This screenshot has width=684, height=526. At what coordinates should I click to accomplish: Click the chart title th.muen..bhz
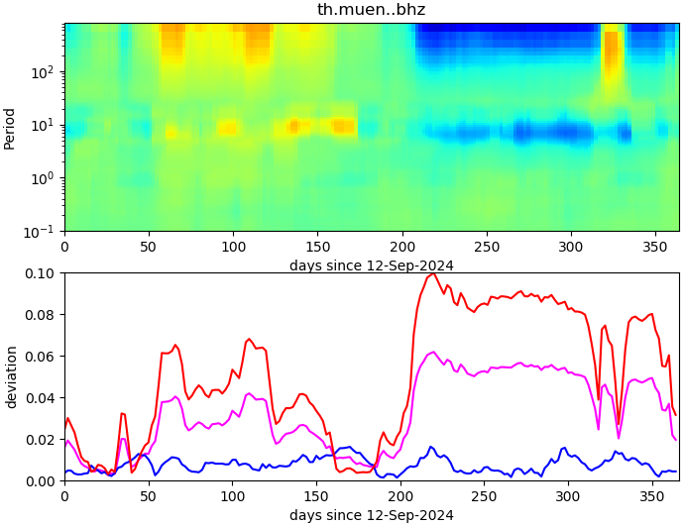(x=371, y=10)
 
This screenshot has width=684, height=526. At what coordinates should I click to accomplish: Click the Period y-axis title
(x=10, y=128)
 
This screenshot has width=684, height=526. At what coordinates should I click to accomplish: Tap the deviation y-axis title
(x=11, y=377)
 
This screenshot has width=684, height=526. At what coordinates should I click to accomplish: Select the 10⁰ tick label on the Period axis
(x=45, y=178)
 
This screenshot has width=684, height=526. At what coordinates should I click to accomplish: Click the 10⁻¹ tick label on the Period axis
(x=43, y=231)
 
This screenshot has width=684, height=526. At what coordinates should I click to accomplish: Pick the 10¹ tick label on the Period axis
(x=45, y=125)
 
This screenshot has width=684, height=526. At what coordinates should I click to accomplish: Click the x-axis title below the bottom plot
(x=371, y=515)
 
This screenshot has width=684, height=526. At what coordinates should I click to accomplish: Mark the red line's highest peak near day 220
(x=434, y=273)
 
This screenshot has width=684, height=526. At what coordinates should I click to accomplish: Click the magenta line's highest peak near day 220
(x=432, y=353)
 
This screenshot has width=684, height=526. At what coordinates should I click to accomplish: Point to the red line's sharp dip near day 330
(x=619, y=424)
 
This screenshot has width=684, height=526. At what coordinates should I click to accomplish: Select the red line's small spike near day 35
(x=122, y=413)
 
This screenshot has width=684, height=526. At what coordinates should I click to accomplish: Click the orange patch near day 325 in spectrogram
(x=611, y=54)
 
